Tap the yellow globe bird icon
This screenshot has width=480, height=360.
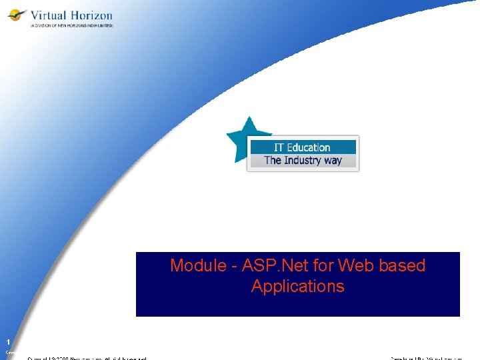[x=17, y=15]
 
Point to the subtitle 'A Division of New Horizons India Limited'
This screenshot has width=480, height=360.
[x=71, y=26]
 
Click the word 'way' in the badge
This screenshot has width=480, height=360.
[x=333, y=160]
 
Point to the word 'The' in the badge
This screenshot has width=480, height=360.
[x=273, y=160]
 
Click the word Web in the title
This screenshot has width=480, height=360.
[x=353, y=265]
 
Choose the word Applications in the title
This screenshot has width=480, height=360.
[x=298, y=287]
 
